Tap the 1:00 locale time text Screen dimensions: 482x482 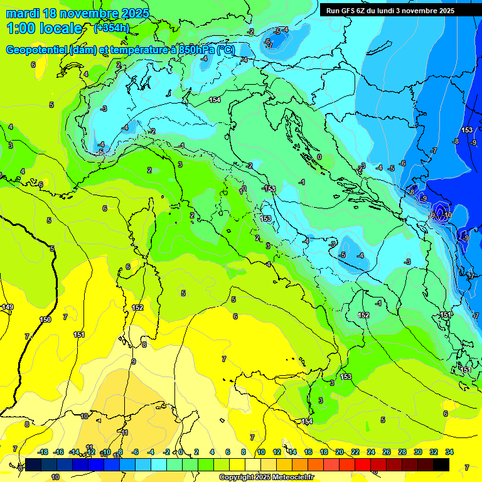[x=44, y=28]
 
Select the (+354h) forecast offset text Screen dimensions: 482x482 [x=111, y=28]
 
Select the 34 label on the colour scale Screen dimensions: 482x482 [x=449, y=452]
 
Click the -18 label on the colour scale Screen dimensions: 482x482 [x=43, y=452]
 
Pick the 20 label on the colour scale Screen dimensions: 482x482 [x=340, y=452]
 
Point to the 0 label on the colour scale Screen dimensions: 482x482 [x=181, y=452]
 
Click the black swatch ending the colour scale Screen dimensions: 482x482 [x=441, y=464]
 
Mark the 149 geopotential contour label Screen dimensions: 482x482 [x=7, y=307]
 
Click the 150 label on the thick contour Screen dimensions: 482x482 [x=45, y=319]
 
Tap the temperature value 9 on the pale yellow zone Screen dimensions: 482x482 [x=133, y=361]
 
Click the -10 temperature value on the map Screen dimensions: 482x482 [x=447, y=215]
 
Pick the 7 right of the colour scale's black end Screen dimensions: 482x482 [x=466, y=468]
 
